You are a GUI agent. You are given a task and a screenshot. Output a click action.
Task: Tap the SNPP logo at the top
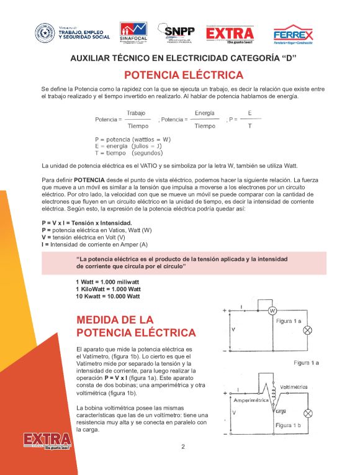click(x=176, y=34)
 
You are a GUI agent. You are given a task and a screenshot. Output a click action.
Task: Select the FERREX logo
click(x=293, y=35)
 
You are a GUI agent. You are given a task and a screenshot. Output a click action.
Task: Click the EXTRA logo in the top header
click(x=230, y=34)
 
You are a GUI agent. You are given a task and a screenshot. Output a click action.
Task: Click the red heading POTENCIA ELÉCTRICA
click(x=183, y=76)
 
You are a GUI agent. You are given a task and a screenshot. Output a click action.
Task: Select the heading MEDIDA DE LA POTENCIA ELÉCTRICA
click(x=135, y=326)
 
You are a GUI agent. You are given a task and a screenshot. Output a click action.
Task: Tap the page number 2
click(x=183, y=446)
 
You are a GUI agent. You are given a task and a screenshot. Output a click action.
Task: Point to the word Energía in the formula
click(x=204, y=113)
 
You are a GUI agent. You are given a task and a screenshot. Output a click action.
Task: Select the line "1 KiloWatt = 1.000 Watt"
click(x=108, y=289)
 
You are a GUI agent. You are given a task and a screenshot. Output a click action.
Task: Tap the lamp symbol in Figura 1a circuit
click(x=307, y=330)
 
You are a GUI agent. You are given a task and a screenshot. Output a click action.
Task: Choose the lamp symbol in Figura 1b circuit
click(x=307, y=413)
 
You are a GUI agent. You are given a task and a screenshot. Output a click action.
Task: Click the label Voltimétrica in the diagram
click(x=294, y=387)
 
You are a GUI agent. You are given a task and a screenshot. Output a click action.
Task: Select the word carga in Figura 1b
click(x=280, y=412)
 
